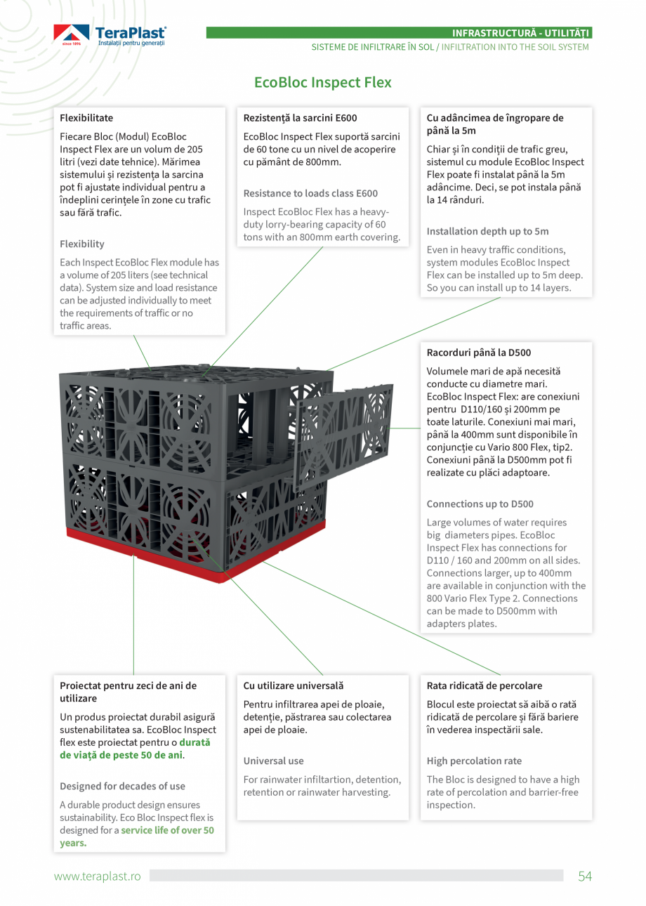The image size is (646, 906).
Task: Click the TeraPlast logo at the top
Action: point(110,35)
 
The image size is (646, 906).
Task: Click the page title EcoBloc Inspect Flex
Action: point(322,82)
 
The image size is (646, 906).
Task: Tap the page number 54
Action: point(585,876)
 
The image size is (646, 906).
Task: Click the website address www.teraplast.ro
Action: point(98,877)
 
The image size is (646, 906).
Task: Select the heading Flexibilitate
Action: point(86,118)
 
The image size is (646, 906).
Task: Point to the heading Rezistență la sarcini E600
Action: point(300,118)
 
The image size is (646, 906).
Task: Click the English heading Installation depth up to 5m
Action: point(487,231)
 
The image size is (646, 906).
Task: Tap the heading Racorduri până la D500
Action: point(474,353)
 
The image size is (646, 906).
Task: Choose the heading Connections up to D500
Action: point(480,504)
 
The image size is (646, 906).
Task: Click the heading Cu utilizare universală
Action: point(294,685)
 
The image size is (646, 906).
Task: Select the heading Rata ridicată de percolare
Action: point(485,685)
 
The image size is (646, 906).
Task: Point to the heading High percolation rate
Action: point(474,761)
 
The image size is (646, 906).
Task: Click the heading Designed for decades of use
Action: point(122,786)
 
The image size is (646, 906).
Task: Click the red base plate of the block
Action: point(140,544)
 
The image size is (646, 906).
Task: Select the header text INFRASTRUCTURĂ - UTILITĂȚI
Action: point(522,33)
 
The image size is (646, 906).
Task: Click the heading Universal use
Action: point(273,761)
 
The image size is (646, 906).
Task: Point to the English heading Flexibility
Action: point(82,244)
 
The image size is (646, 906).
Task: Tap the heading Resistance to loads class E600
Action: point(310,193)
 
